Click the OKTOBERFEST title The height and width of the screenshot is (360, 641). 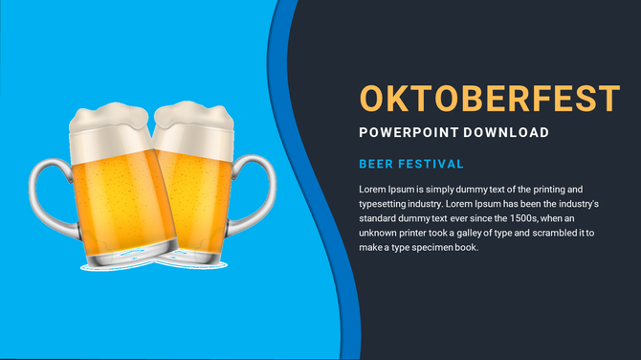tap(490, 98)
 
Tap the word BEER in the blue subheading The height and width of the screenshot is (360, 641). tap(376, 165)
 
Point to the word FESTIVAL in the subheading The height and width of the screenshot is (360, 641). tap(431, 165)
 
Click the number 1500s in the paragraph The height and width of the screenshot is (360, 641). tap(500, 218)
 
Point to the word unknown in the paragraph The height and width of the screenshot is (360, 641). tap(379, 233)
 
